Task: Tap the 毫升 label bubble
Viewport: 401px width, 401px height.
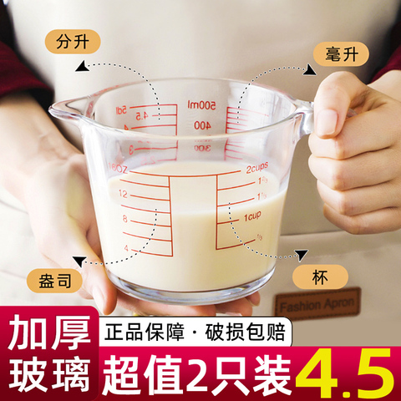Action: [x=338, y=53]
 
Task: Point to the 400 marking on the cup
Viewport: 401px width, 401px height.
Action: [x=202, y=124]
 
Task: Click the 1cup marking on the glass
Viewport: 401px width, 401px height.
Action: [x=254, y=218]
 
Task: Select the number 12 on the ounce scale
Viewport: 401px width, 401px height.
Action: [x=124, y=194]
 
